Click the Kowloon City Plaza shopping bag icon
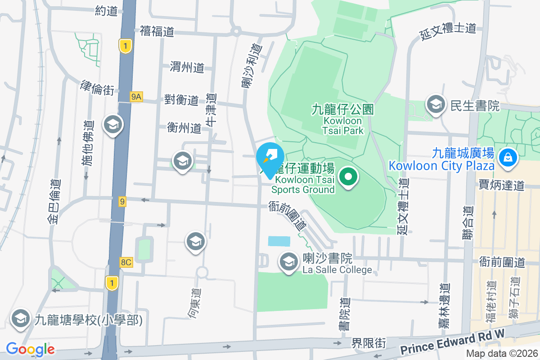click(x=508, y=157)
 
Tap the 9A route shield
click(x=136, y=96)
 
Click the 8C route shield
click(x=126, y=262)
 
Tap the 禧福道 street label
click(x=157, y=31)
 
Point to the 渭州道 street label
click(x=187, y=67)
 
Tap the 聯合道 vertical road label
click(x=468, y=222)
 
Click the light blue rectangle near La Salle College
click(x=279, y=241)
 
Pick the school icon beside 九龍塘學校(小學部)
click(x=19, y=319)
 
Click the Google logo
click(x=30, y=349)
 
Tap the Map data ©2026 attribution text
click(x=501, y=354)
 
